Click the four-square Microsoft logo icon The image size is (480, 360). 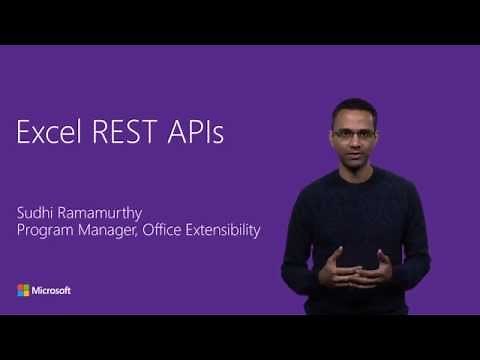coord(23,290)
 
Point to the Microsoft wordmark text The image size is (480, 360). coord(52,290)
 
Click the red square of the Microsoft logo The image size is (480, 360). coord(20,287)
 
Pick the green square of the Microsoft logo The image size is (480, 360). coord(26,287)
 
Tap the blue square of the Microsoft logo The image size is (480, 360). coord(20,293)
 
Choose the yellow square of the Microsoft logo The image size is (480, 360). coord(26,293)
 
